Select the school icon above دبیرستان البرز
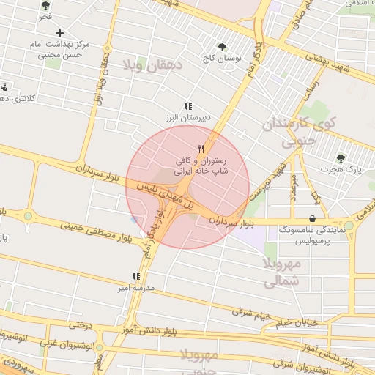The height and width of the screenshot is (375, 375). pyautogui.click(x=187, y=105)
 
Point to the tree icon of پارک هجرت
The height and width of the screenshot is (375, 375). pyautogui.click(x=340, y=157)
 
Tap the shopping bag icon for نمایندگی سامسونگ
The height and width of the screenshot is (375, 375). pyautogui.click(x=313, y=218)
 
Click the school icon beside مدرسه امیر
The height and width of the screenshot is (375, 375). pyautogui.click(x=136, y=277)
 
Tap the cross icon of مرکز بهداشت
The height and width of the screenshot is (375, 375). pyautogui.click(x=59, y=33)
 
